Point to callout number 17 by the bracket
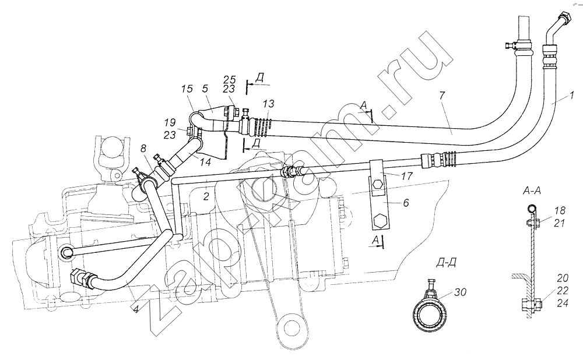tap(407, 176)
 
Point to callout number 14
tap(205, 162)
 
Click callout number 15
tap(188, 89)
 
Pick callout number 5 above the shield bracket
tap(205, 89)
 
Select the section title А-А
tap(532, 191)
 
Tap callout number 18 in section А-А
tap(559, 211)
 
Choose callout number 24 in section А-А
tap(563, 303)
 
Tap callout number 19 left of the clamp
tap(170, 122)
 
